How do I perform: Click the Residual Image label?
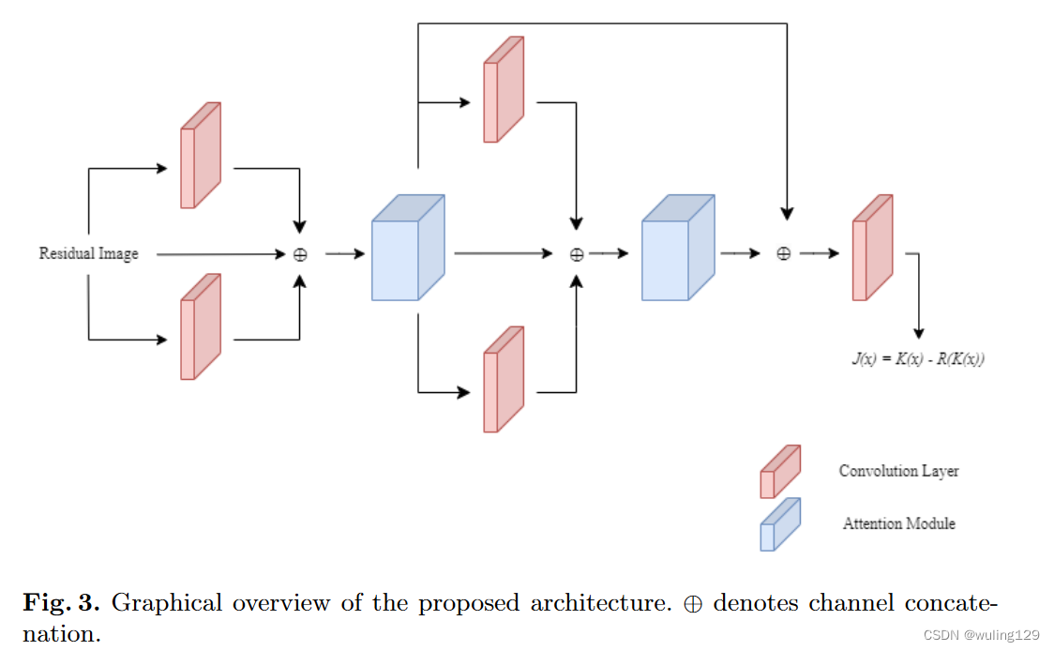coord(88,253)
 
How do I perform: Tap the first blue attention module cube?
coord(408,249)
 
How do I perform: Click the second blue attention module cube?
coord(677,249)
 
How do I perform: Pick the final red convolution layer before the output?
coord(871,249)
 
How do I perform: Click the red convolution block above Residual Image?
coord(200,156)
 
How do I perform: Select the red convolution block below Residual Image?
coord(200,327)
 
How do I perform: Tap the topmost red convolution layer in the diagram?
coord(503,90)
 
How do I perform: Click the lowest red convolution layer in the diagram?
coord(503,380)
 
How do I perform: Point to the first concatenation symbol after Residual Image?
coord(300,254)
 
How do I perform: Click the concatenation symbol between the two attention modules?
coord(577,254)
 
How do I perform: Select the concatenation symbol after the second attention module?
coord(785,254)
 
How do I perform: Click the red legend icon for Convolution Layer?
coord(779,472)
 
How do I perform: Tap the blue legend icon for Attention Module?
coord(779,524)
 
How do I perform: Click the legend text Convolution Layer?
coord(898,471)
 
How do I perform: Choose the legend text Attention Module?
coord(898,523)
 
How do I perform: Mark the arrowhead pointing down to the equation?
coord(918,333)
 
